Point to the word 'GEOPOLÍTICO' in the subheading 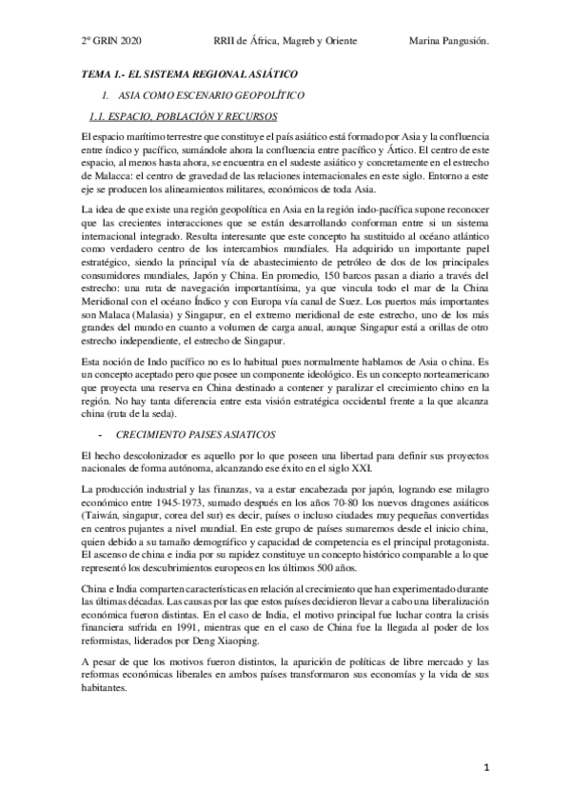tap(246, 96)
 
